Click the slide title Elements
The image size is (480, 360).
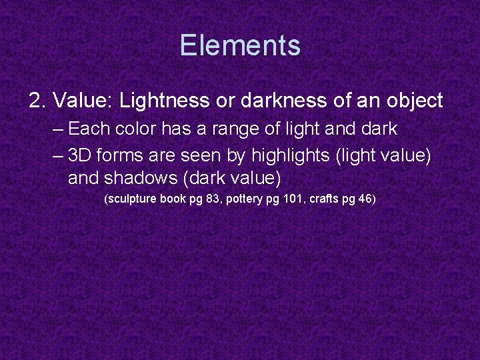[x=240, y=45]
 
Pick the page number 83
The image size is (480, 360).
[x=213, y=199]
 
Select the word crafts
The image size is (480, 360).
[x=323, y=199]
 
